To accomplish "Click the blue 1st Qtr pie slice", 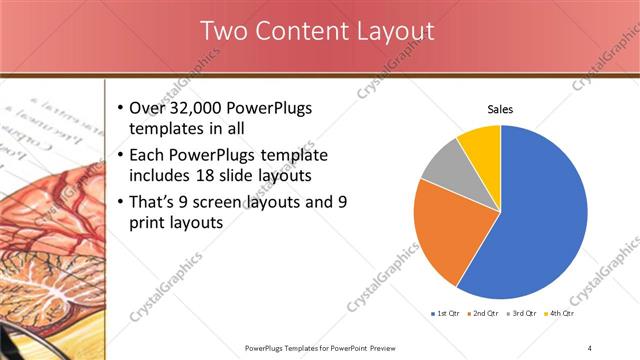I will (x=540, y=220).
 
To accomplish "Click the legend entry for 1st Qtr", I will (x=448, y=314).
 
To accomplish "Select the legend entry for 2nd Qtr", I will (x=486, y=314).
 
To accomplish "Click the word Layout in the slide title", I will (x=395, y=31).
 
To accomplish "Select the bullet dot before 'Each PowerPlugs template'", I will (x=121, y=156).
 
